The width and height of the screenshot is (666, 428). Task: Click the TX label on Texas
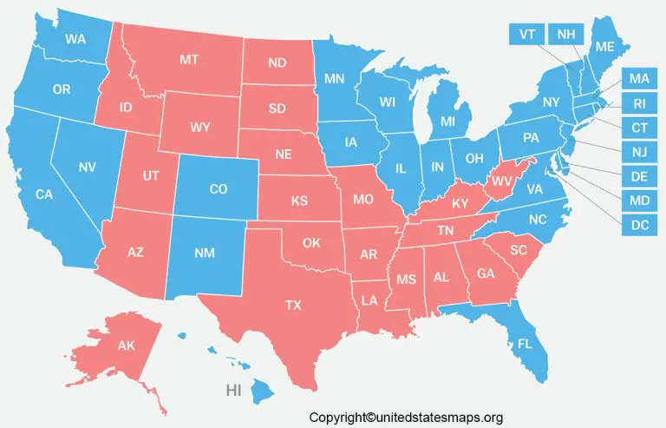[294, 305]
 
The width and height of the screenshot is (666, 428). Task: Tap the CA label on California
[44, 194]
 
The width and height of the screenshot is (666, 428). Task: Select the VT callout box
[526, 35]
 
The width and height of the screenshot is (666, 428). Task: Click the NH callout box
[566, 35]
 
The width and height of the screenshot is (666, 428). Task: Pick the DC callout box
[639, 227]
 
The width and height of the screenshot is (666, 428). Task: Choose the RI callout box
[639, 104]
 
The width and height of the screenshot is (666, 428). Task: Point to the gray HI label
[233, 391]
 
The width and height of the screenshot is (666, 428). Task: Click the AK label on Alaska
[127, 346]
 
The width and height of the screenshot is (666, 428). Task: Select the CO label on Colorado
[219, 188]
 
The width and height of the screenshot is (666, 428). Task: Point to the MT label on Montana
[190, 59]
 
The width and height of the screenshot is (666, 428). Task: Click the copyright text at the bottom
[406, 417]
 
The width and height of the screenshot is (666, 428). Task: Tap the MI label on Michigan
[448, 121]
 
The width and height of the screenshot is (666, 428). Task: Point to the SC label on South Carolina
[519, 249]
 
